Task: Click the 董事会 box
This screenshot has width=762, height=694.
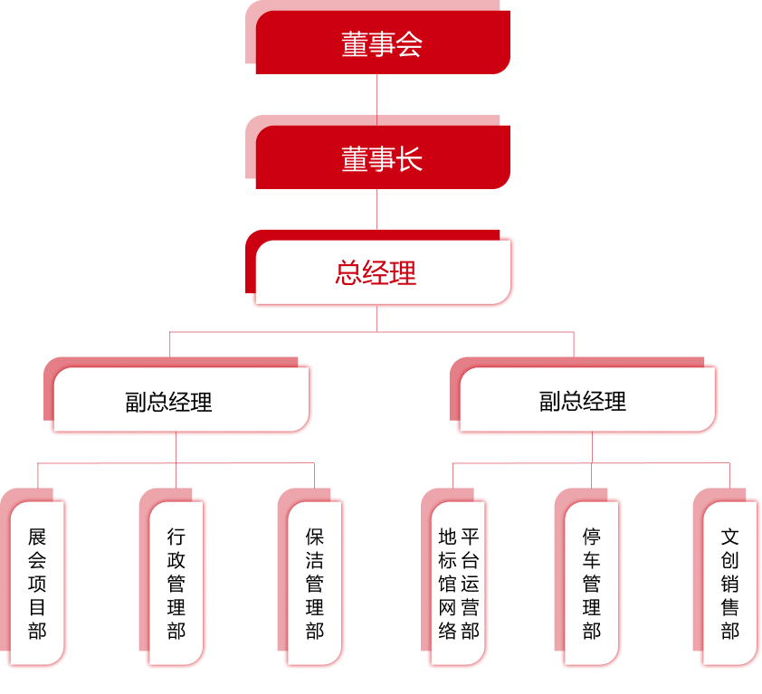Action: click(377, 42)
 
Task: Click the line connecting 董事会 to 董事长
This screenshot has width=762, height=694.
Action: click(376, 94)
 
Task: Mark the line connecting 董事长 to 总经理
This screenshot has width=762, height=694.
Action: click(376, 209)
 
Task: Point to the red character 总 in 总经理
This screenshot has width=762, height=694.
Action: click(349, 273)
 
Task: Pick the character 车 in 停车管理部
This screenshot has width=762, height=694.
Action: click(592, 560)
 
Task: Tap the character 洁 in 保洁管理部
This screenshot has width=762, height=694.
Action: click(315, 560)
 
